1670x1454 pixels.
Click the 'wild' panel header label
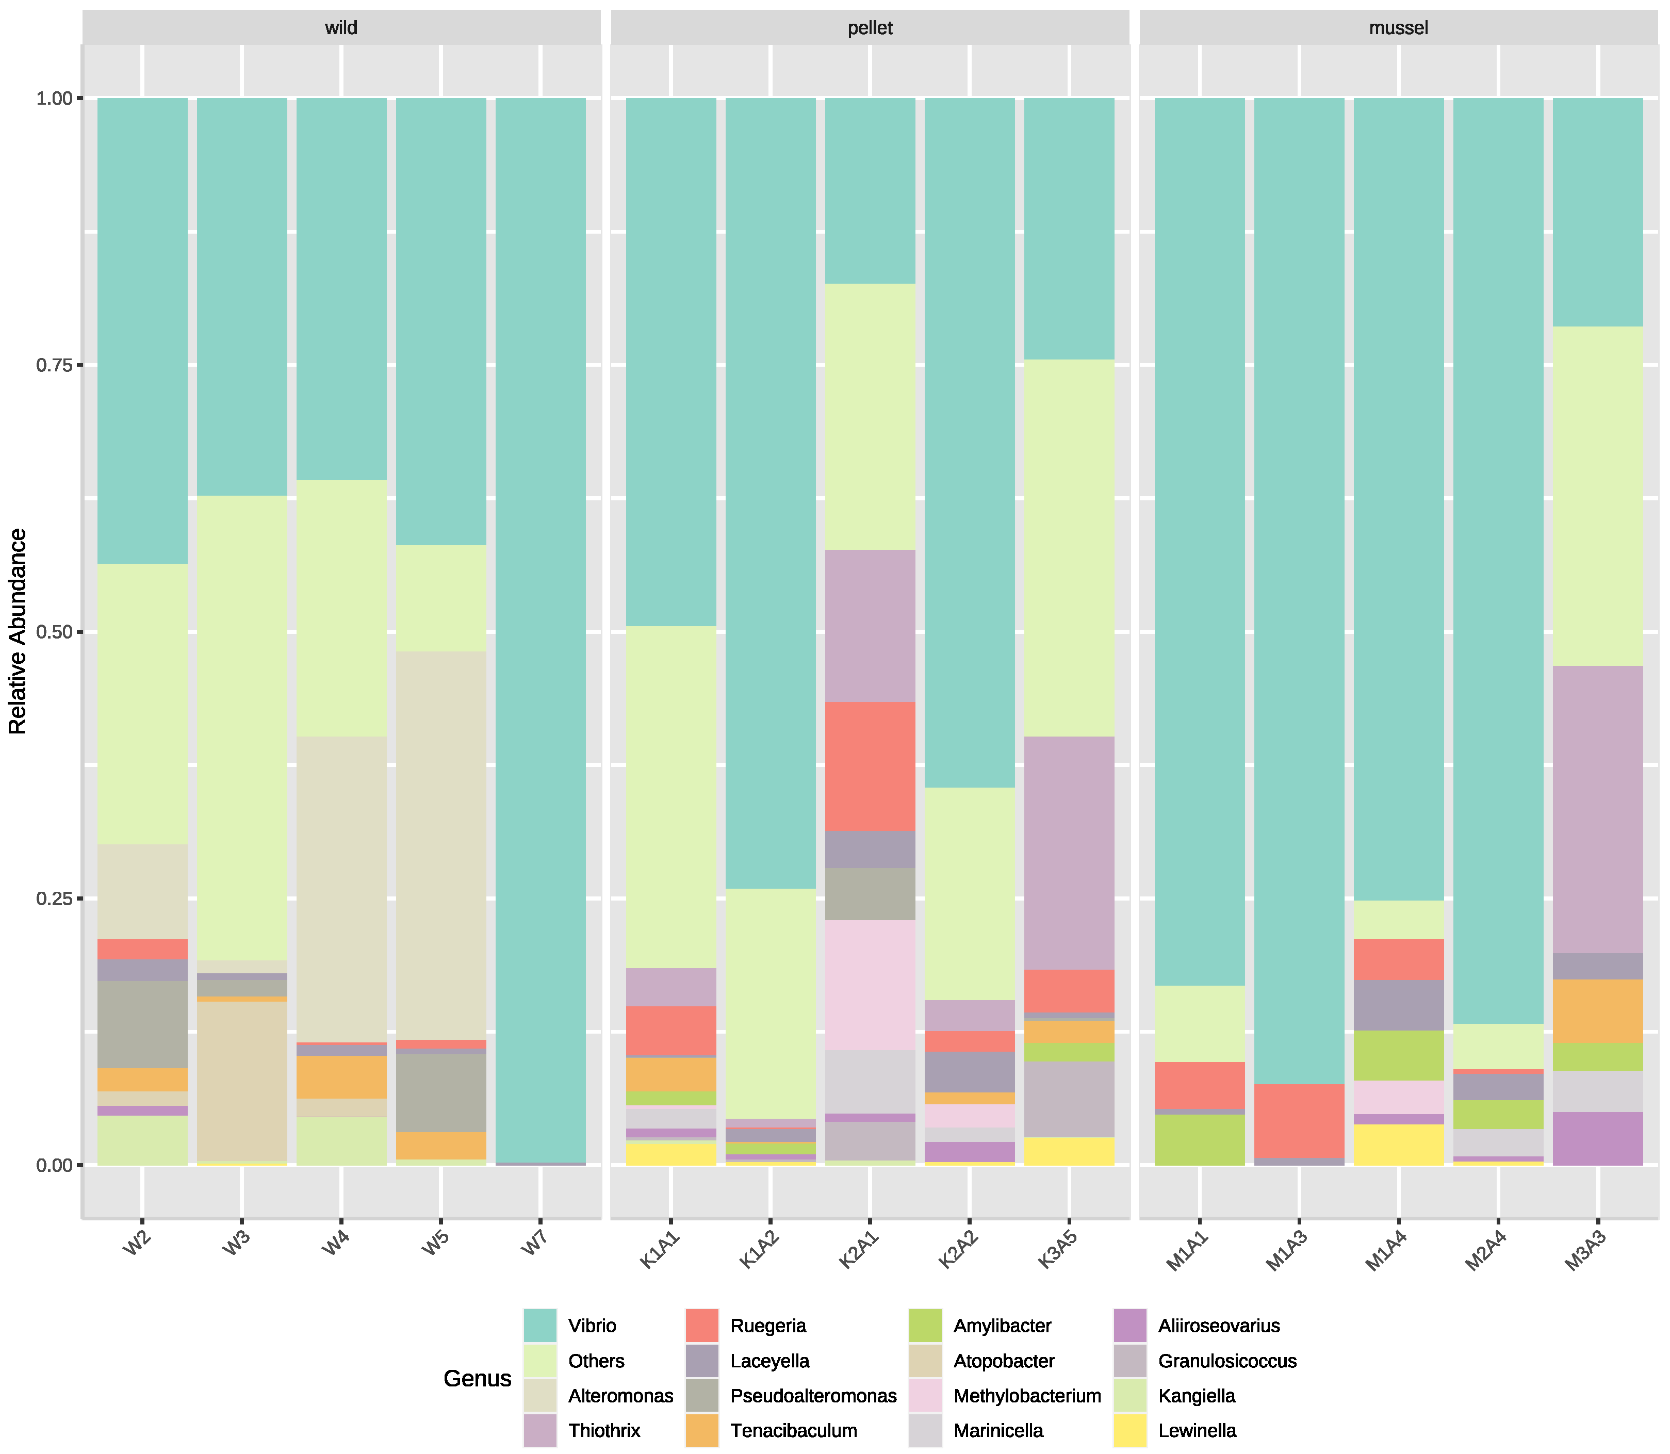pyautogui.click(x=341, y=27)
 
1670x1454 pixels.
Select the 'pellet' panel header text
pyautogui.click(x=870, y=27)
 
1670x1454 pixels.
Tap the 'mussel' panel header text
pyautogui.click(x=1398, y=27)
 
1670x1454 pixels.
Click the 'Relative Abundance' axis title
pyautogui.click(x=18, y=631)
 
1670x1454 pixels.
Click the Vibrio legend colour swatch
pyautogui.click(x=539, y=1326)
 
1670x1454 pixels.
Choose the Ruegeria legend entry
pyautogui.click(x=767, y=1326)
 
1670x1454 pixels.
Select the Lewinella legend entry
pyautogui.click(x=1196, y=1430)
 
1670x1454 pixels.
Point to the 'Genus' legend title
pyautogui.click(x=477, y=1379)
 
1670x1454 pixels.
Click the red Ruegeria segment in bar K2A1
pyautogui.click(x=870, y=766)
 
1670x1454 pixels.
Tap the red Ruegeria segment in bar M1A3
pyautogui.click(x=1299, y=1120)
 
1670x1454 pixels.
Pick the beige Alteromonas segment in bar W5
pyautogui.click(x=440, y=844)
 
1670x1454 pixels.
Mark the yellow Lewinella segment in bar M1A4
pyautogui.click(x=1398, y=1144)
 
